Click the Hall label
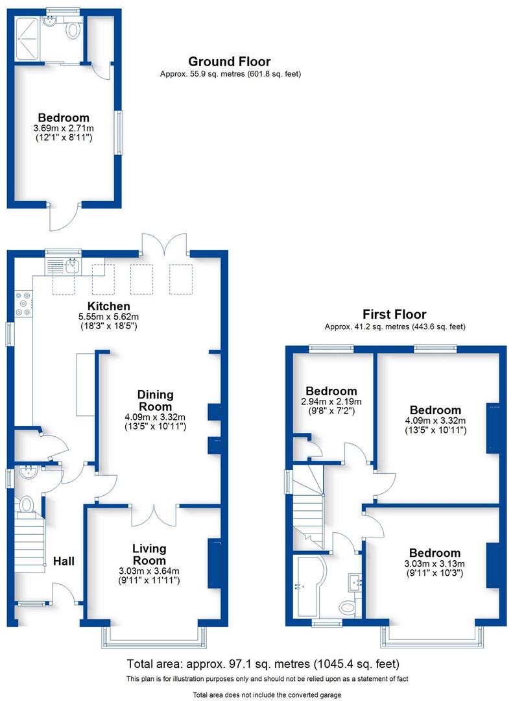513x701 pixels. pyautogui.click(x=64, y=560)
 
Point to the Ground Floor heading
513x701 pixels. pyautogui.click(x=229, y=62)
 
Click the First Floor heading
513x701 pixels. pyautogui.click(x=394, y=315)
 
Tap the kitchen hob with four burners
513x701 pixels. pyautogui.click(x=24, y=304)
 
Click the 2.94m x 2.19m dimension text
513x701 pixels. pyautogui.click(x=331, y=402)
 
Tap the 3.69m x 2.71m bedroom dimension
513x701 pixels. pyautogui.click(x=64, y=129)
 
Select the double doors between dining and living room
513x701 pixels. pyautogui.click(x=154, y=513)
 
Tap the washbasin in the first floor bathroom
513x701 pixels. pyautogui.click(x=353, y=581)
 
